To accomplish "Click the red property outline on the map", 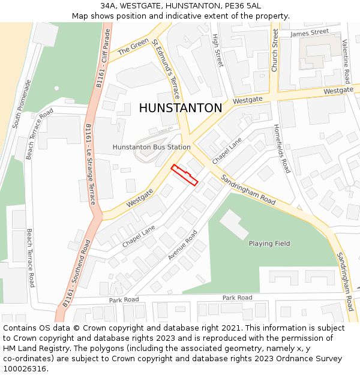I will [184, 175].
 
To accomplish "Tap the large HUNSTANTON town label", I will [181, 108].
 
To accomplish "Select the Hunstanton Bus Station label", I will [151, 147].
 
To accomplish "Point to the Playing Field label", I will [269, 244].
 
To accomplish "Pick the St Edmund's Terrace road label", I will [165, 69].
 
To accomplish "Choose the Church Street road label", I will [275, 50].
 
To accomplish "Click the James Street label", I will [310, 32].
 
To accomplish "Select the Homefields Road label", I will [282, 149].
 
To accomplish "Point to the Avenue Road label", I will [182, 245].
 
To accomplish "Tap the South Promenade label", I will [22, 112].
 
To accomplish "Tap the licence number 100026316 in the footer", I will [24, 369].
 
